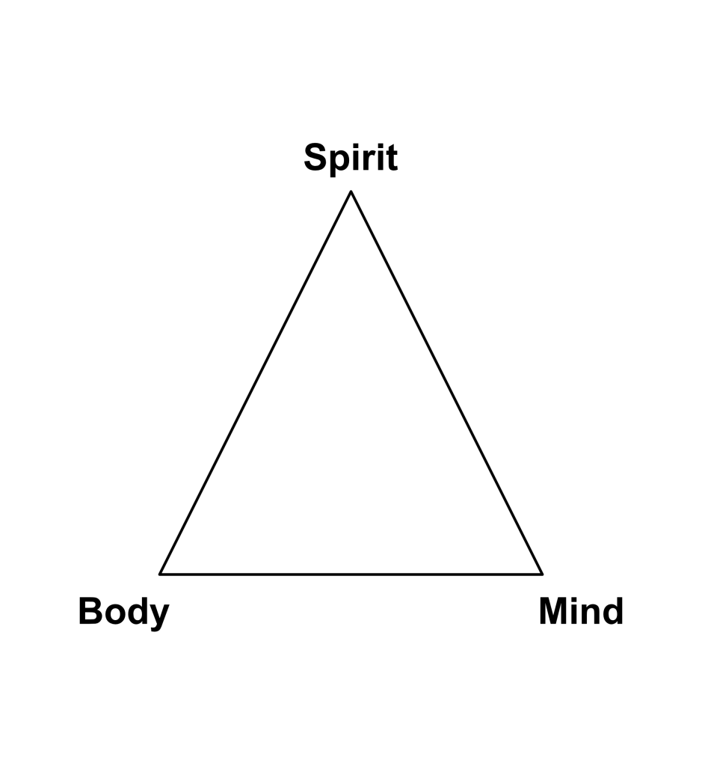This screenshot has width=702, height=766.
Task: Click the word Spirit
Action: tap(350, 159)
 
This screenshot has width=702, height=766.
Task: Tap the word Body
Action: tap(123, 612)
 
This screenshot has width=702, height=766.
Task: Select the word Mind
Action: tap(581, 612)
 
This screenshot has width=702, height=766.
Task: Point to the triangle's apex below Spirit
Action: tap(351, 192)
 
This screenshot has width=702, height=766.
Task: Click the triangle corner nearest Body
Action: tap(161, 574)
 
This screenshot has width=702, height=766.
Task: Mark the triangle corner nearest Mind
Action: tap(541, 574)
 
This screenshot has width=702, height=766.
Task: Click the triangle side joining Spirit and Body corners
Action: tap(256, 383)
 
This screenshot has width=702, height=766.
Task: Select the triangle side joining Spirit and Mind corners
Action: tap(446, 383)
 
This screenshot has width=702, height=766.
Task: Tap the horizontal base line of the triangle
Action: tap(351, 574)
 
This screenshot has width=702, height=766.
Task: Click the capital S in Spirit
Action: tap(316, 158)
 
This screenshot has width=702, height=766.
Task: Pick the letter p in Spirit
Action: tap(339, 162)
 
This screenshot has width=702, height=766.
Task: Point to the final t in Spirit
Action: tap(391, 159)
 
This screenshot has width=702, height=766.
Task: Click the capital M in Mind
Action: tap(553, 611)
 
